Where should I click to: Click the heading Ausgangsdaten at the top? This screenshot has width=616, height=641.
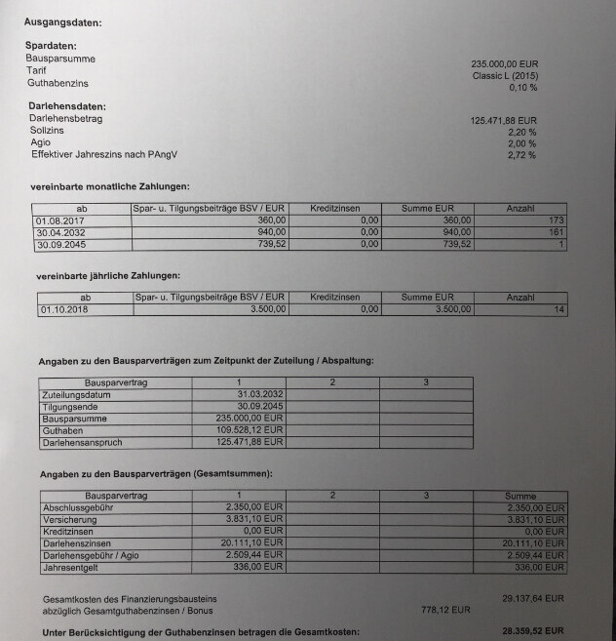pos(63,20)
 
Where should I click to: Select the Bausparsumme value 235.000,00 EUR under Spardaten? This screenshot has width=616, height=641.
pos(504,63)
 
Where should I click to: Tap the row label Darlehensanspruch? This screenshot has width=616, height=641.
pos(83,443)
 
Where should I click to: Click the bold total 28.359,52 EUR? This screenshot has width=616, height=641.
pos(532,632)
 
